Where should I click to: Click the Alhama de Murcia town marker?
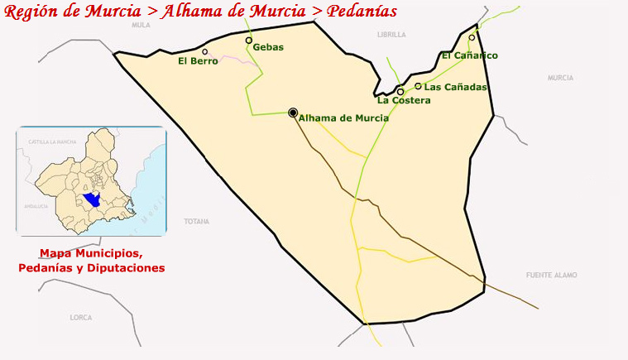tap(293, 113)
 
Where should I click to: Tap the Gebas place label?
tap(268, 47)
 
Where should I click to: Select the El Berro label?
tap(198, 60)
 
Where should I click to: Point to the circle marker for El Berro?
tap(205, 51)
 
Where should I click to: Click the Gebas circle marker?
tap(248, 40)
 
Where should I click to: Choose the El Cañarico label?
tap(470, 55)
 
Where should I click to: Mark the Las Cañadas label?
tap(455, 87)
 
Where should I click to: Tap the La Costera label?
tap(404, 101)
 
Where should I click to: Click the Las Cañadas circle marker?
tap(418, 85)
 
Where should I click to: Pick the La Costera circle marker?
tap(400, 92)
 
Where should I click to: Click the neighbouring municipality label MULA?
tap(141, 26)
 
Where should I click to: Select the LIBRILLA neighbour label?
tap(391, 35)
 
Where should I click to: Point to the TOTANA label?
tap(197, 222)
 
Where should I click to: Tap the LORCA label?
tap(81, 318)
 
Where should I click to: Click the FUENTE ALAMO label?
tap(551, 275)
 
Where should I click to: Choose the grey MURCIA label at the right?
tap(560, 78)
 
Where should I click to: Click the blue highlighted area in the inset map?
tap(92, 200)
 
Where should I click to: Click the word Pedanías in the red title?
tap(362, 11)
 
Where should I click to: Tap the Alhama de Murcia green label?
tap(343, 118)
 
